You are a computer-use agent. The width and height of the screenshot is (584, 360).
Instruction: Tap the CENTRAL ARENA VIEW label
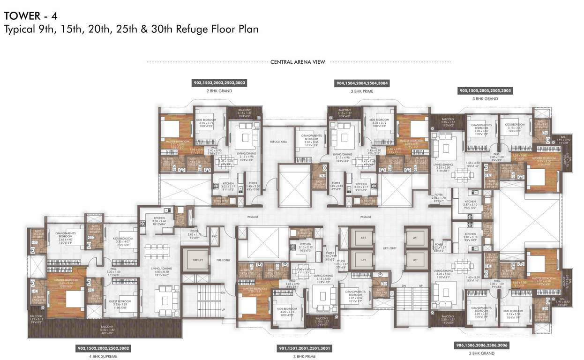click(298, 62)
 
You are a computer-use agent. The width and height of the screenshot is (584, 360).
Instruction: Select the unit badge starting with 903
click(219, 82)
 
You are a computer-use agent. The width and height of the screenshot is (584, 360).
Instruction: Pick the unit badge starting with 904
click(361, 83)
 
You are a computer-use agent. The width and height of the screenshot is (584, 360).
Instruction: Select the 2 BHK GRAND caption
click(219, 91)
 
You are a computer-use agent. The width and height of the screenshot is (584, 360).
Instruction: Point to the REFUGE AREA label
click(278, 141)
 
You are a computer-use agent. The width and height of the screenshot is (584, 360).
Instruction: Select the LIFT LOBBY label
click(390, 248)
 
